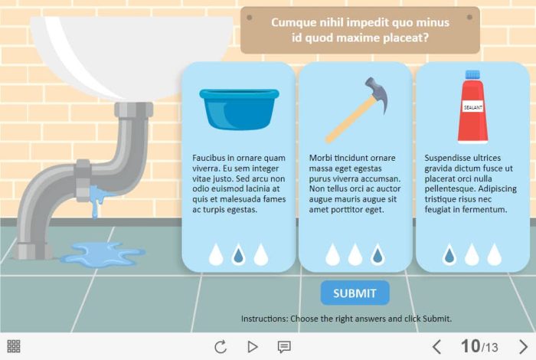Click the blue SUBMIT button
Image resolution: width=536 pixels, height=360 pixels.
click(355, 293)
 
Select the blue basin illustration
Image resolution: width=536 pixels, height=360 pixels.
click(239, 109)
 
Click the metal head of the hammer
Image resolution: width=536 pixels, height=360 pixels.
click(377, 93)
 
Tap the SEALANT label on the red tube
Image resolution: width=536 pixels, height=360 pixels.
click(472, 107)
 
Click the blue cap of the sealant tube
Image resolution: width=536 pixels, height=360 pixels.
click(472, 74)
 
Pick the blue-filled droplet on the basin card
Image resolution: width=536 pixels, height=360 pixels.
click(238, 255)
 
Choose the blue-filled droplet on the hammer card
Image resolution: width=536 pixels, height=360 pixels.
click(377, 255)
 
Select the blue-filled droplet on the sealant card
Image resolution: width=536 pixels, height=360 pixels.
click(449, 255)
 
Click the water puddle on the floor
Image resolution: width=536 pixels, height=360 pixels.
click(103, 254)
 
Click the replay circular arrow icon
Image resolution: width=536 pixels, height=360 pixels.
click(221, 347)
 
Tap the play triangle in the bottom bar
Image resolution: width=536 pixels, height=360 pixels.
click(252, 347)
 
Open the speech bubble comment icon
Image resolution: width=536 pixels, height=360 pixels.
click(284, 347)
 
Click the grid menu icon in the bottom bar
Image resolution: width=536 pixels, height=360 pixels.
click(14, 346)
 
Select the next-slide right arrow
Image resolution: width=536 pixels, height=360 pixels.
click(523, 347)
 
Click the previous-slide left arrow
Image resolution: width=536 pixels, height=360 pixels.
click(436, 347)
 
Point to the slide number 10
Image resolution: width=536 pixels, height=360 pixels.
click(470, 346)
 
